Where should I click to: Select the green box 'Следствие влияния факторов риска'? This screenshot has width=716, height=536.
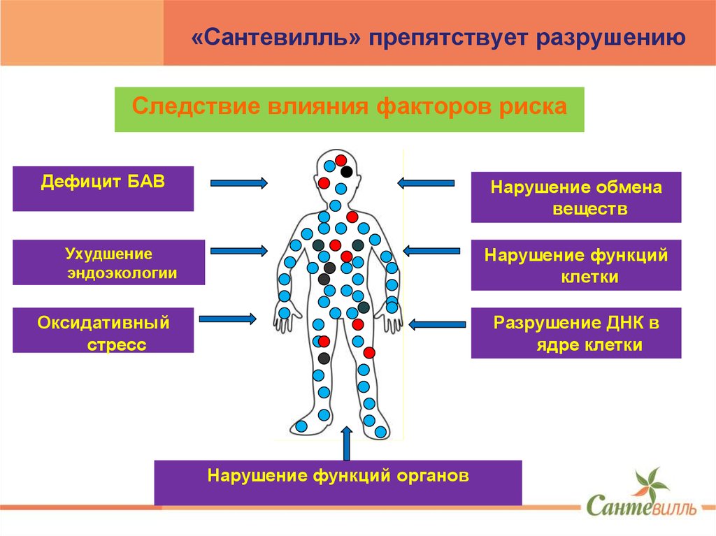click(x=349, y=110)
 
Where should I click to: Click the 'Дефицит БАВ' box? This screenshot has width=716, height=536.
click(x=103, y=189)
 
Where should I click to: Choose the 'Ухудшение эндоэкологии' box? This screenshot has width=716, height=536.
click(x=108, y=262)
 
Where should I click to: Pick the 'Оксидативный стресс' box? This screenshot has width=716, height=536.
click(x=103, y=330)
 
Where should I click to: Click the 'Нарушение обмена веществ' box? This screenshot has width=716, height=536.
click(x=575, y=197)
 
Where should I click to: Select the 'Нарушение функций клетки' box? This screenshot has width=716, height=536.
click(x=575, y=265)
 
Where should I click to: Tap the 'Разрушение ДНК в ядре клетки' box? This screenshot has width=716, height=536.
click(x=575, y=333)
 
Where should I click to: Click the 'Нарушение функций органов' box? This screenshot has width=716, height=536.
click(x=338, y=482)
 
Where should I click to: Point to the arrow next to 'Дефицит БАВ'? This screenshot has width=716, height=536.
click(x=238, y=183)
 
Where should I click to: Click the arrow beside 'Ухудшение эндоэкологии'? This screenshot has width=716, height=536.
click(x=238, y=250)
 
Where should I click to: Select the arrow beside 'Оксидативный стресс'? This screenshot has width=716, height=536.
click(x=227, y=319)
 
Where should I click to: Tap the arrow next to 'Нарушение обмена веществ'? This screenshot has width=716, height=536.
click(x=426, y=183)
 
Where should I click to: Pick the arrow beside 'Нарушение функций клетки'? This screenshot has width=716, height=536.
click(x=430, y=250)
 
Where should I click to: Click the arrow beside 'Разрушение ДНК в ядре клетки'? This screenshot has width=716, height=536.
click(x=438, y=324)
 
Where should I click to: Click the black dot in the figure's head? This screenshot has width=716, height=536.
click(x=347, y=171)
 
